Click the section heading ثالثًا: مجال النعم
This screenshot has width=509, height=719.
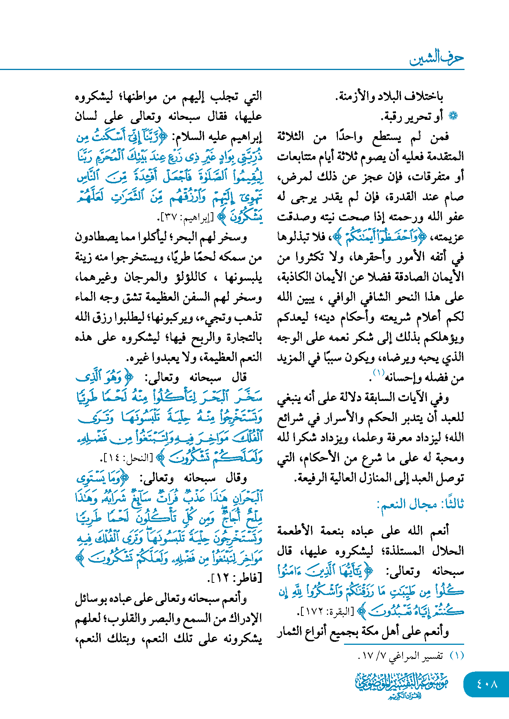pyautogui.click(x=420, y=505)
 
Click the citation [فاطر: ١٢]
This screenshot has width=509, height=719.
pyautogui.click(x=235, y=579)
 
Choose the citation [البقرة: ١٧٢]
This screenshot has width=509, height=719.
pyautogui.click(x=325, y=612)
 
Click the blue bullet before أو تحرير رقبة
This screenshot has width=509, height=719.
pyautogui.click(x=453, y=116)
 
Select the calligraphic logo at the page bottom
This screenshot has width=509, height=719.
pyautogui.click(x=402, y=685)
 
